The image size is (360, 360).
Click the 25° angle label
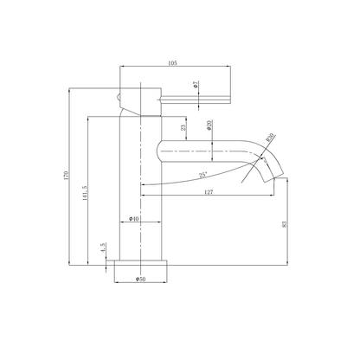pos(203,176)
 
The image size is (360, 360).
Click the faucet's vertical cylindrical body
pos(138,190)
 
